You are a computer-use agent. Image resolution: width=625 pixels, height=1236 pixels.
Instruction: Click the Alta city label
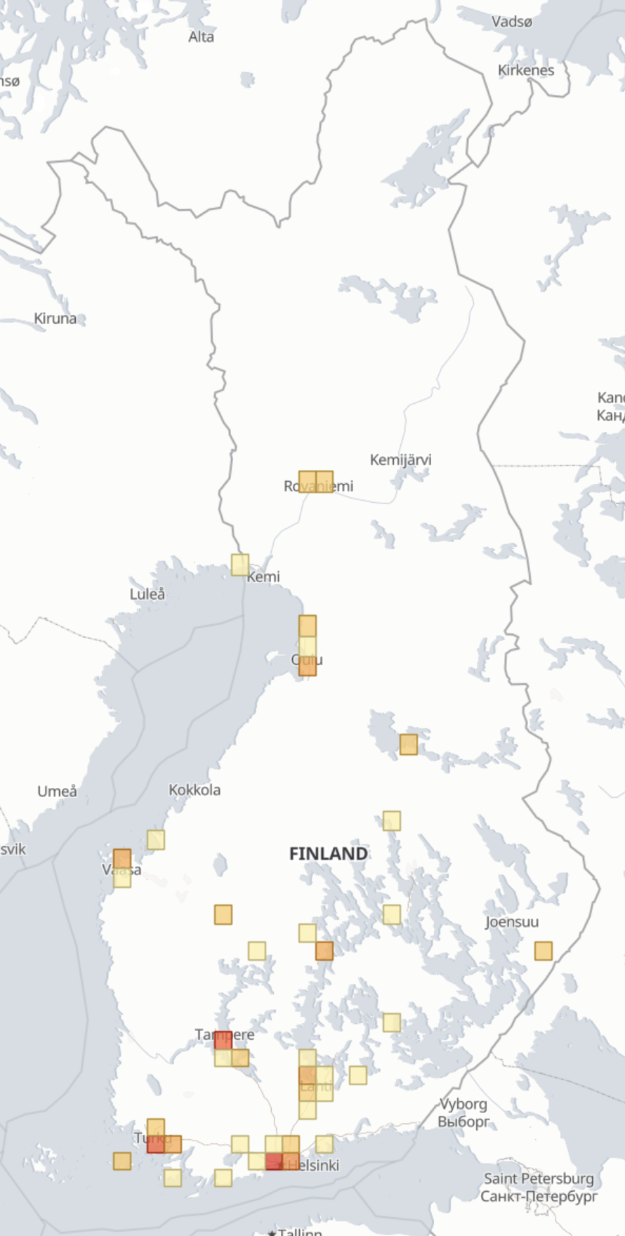tap(201, 37)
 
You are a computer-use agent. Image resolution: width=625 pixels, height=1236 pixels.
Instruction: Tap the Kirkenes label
tap(526, 70)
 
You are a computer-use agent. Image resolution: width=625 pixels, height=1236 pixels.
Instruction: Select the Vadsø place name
tap(512, 22)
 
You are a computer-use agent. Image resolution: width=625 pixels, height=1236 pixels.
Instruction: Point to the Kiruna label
tap(55, 318)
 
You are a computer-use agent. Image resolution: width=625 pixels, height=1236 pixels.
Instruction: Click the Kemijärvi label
tap(400, 460)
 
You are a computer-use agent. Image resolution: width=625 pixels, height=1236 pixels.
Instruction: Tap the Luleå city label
tap(147, 594)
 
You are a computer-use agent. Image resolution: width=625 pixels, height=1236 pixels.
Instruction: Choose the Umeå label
tap(57, 791)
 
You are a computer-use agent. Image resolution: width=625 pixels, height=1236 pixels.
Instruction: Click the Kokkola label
tap(195, 790)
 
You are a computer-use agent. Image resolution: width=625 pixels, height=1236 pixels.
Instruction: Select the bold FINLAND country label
tap(329, 854)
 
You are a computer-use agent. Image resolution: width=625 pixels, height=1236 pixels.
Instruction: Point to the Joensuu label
tap(512, 922)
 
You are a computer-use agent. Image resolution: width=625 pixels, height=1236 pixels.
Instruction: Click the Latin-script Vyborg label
tap(463, 1104)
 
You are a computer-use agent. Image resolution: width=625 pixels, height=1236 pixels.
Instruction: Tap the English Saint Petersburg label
tap(539, 1178)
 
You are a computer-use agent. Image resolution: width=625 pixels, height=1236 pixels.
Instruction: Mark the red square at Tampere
tap(223, 1040)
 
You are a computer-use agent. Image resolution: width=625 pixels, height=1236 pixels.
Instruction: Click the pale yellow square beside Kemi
tap(240, 565)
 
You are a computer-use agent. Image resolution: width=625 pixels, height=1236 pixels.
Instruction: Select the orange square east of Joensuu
tap(544, 951)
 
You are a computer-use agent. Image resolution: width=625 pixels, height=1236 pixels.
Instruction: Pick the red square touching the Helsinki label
tap(274, 1162)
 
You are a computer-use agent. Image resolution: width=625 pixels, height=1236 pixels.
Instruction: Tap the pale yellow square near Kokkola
tap(156, 840)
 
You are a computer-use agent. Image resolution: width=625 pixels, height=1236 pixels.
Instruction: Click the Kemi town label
tap(264, 577)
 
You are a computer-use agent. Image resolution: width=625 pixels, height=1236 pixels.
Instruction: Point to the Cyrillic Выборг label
tap(463, 1122)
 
